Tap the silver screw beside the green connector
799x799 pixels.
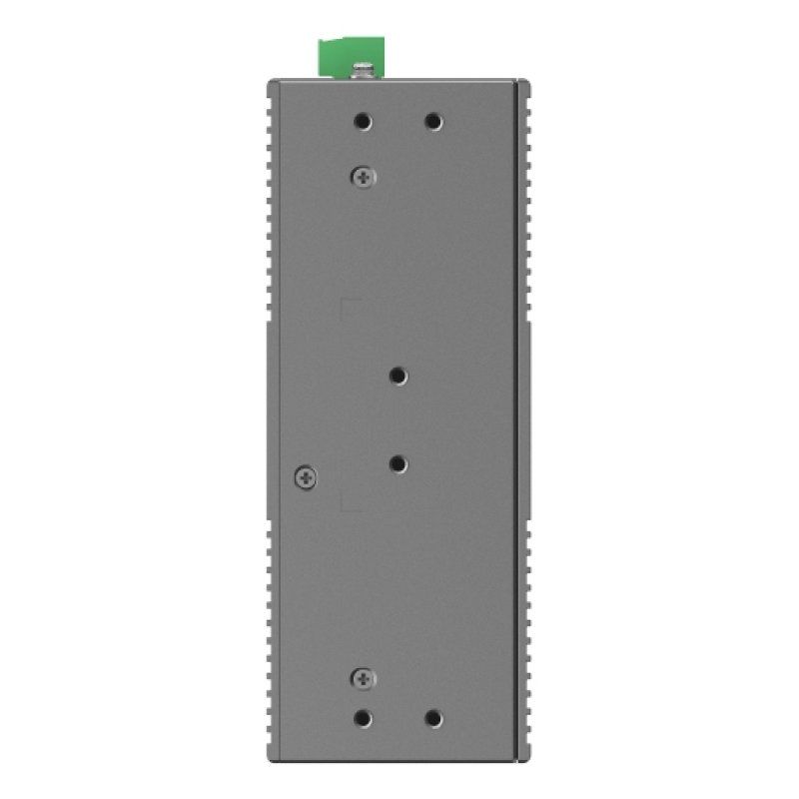pos(364,71)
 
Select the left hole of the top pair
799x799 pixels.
pos(364,122)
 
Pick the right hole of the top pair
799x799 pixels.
pos(432,122)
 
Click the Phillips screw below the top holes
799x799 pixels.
pos(364,177)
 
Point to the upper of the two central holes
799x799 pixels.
pos(399,376)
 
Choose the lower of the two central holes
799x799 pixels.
pos(399,463)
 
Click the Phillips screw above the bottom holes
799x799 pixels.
pos(364,679)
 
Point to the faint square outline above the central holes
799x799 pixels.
pos(351,307)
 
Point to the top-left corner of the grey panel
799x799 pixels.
pos(271,82)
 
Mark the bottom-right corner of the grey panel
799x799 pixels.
pos(520,757)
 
